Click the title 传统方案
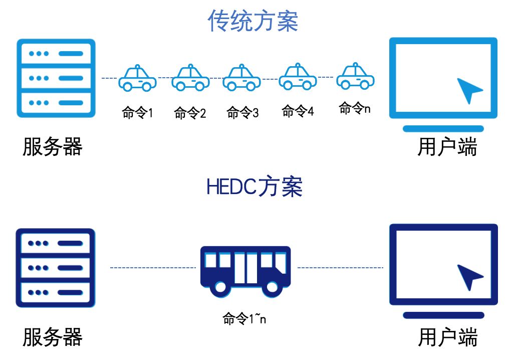(x=253, y=21)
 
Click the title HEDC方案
(x=254, y=187)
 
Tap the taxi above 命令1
(x=137, y=79)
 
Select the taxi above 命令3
(x=241, y=78)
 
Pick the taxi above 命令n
(x=355, y=76)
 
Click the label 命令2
(x=190, y=113)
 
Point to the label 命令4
(x=298, y=111)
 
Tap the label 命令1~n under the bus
(x=244, y=318)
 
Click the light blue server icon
(x=56, y=78)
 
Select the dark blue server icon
(x=55, y=268)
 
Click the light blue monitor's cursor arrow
(x=469, y=91)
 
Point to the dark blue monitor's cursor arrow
(x=470, y=277)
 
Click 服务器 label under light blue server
(x=52, y=147)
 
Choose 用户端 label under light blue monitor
(x=447, y=147)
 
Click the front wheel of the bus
(x=272, y=287)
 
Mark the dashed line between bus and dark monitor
(x=341, y=268)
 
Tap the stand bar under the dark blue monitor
(x=443, y=315)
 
